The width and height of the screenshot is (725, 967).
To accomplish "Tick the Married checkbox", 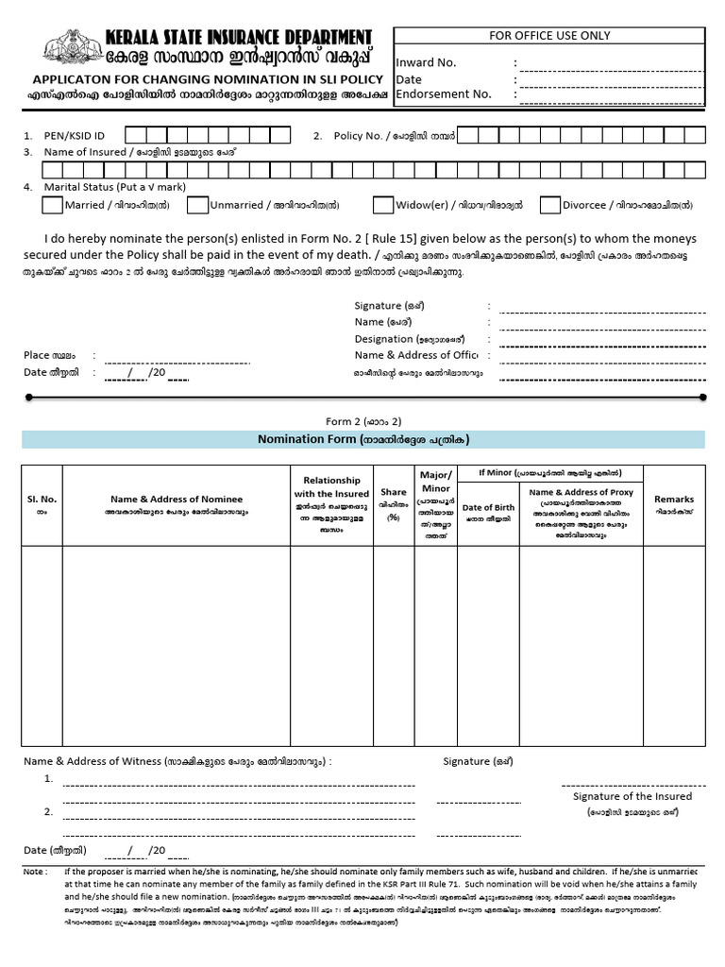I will click(52, 205).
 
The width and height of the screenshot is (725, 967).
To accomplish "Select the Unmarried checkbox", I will click(197, 205).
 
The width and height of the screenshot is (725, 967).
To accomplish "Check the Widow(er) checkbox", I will click(382, 205).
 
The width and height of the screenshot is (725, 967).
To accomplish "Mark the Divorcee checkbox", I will click(549, 205).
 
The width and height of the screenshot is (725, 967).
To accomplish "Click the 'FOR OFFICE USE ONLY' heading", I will click(549, 36).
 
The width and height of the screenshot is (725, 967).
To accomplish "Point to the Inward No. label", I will click(427, 62).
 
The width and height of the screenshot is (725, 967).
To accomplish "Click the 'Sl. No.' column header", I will click(42, 499).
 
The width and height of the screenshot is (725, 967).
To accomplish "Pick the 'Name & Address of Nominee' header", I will click(177, 500).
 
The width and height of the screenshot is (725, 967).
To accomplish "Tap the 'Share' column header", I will click(394, 492).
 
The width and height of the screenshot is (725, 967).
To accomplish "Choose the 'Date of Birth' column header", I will click(488, 508).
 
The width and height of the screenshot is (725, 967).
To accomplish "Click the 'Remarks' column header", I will click(674, 500).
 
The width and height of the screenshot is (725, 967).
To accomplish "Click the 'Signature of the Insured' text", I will click(632, 796).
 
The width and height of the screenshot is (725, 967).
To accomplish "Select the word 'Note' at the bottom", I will click(34, 871).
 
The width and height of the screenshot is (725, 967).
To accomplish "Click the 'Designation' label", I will click(384, 339).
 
